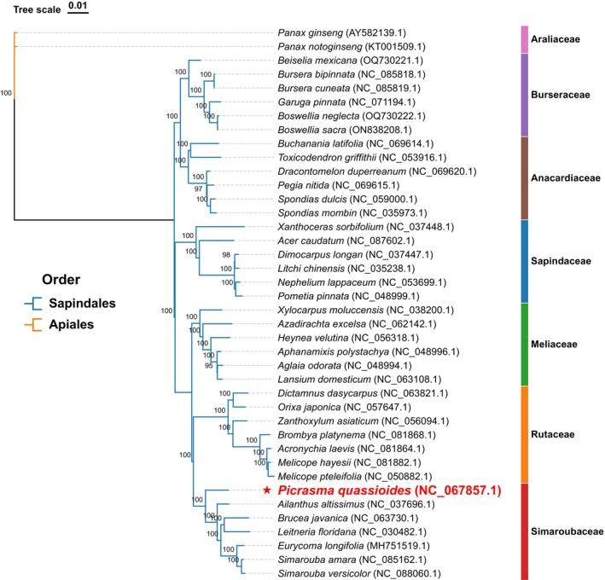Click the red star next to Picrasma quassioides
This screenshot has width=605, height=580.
266,490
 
